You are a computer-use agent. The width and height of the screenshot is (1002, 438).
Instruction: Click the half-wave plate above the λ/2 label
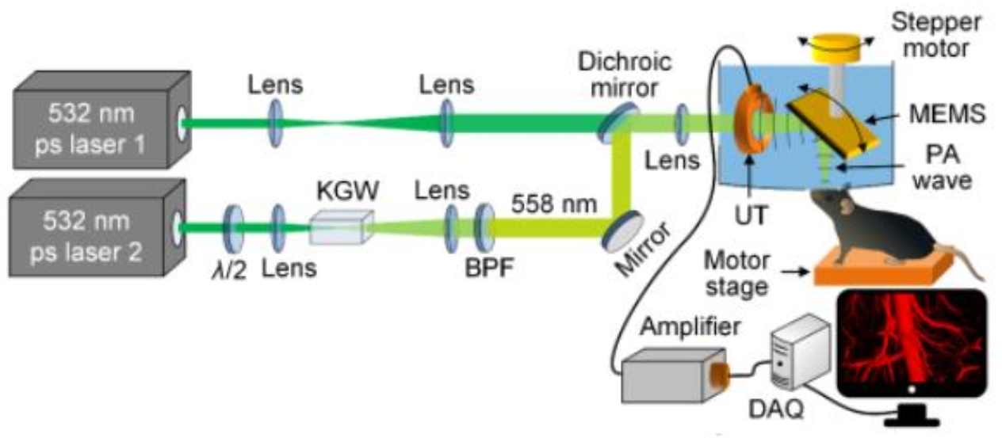pos(235,227)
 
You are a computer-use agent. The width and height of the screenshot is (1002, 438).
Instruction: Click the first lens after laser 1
pos(275,120)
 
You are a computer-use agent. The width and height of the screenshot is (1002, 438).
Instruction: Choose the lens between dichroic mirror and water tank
pos(681,123)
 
